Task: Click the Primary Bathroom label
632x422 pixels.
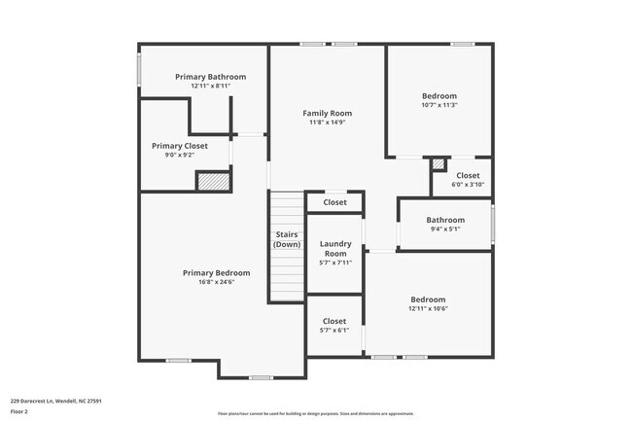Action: pos(210,77)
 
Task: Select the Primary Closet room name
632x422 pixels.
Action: pos(180,146)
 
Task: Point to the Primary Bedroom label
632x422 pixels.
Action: pos(217,273)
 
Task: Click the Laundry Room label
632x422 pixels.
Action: pos(334,248)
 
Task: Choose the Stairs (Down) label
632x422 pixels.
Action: pos(287,239)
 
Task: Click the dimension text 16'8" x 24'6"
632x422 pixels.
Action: pos(217,282)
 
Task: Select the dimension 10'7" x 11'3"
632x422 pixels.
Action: pos(439,105)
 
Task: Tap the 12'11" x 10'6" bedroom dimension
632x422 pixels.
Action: pos(428,308)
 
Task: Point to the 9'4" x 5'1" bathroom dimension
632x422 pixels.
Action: pos(445,229)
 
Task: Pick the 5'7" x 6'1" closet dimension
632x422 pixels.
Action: pos(334,330)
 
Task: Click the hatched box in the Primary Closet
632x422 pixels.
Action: pos(212,181)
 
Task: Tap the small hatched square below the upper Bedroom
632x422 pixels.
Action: pos(439,163)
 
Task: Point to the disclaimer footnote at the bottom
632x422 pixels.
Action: pos(315,413)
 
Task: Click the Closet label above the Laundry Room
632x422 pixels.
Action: pos(334,202)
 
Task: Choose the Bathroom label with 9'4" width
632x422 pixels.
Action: pos(445,220)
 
